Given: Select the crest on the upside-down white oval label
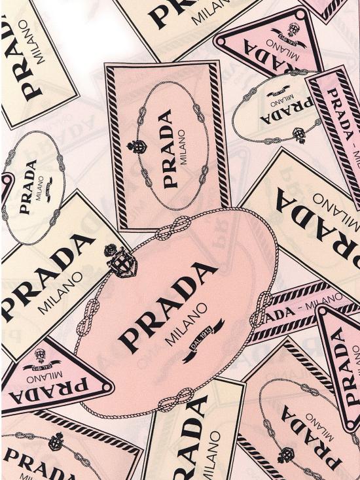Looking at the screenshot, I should tap(300, 135).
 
